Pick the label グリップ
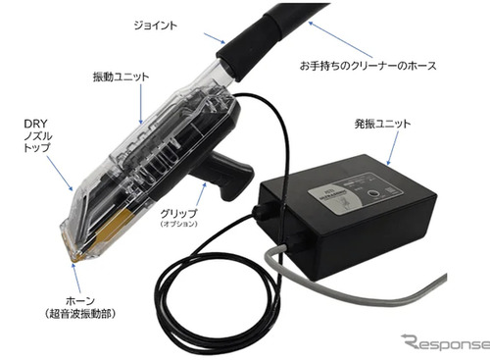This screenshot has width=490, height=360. point(178,213)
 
